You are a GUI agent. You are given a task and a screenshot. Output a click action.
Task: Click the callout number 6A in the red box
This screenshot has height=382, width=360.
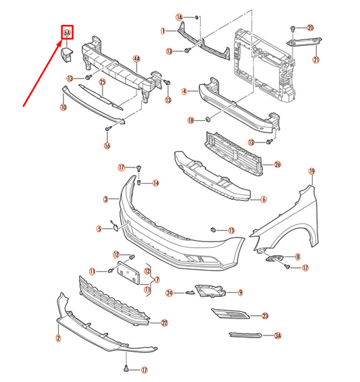(x=67, y=32)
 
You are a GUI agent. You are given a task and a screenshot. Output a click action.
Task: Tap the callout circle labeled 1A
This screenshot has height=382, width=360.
(x=180, y=16)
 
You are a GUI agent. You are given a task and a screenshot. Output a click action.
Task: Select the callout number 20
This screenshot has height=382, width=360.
(x=310, y=28)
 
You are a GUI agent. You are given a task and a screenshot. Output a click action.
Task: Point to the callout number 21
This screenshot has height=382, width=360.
(x=315, y=59)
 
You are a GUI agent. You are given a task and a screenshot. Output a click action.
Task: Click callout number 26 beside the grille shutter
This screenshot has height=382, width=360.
(x=277, y=164)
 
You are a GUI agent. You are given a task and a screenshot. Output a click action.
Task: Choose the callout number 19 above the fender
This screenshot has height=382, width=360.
(x=311, y=171)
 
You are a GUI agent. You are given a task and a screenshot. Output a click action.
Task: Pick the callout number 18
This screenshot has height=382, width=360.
(x=191, y=119)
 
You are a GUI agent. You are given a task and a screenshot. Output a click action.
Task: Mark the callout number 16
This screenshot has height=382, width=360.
(x=107, y=145)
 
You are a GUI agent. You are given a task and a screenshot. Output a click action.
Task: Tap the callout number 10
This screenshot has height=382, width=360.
(x=63, y=107)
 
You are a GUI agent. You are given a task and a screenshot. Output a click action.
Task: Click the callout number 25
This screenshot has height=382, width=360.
(x=103, y=82)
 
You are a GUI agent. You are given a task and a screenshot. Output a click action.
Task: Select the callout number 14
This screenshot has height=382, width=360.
(x=155, y=183)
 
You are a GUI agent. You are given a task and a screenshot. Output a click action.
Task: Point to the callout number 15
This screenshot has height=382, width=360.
(x=231, y=230)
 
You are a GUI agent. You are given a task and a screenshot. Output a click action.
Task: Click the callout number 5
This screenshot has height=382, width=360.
(x=99, y=229)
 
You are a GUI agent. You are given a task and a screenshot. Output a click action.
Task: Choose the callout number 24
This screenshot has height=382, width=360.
(x=170, y=292)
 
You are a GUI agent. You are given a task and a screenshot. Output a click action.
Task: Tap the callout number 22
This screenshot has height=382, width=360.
(x=163, y=323)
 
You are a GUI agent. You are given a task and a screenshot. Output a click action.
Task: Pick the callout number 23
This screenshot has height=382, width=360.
(x=265, y=315)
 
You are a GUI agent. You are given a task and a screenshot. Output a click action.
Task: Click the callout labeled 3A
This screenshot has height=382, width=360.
(x=277, y=335)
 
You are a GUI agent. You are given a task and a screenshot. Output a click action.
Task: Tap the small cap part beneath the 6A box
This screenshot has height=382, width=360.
(x=68, y=54)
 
